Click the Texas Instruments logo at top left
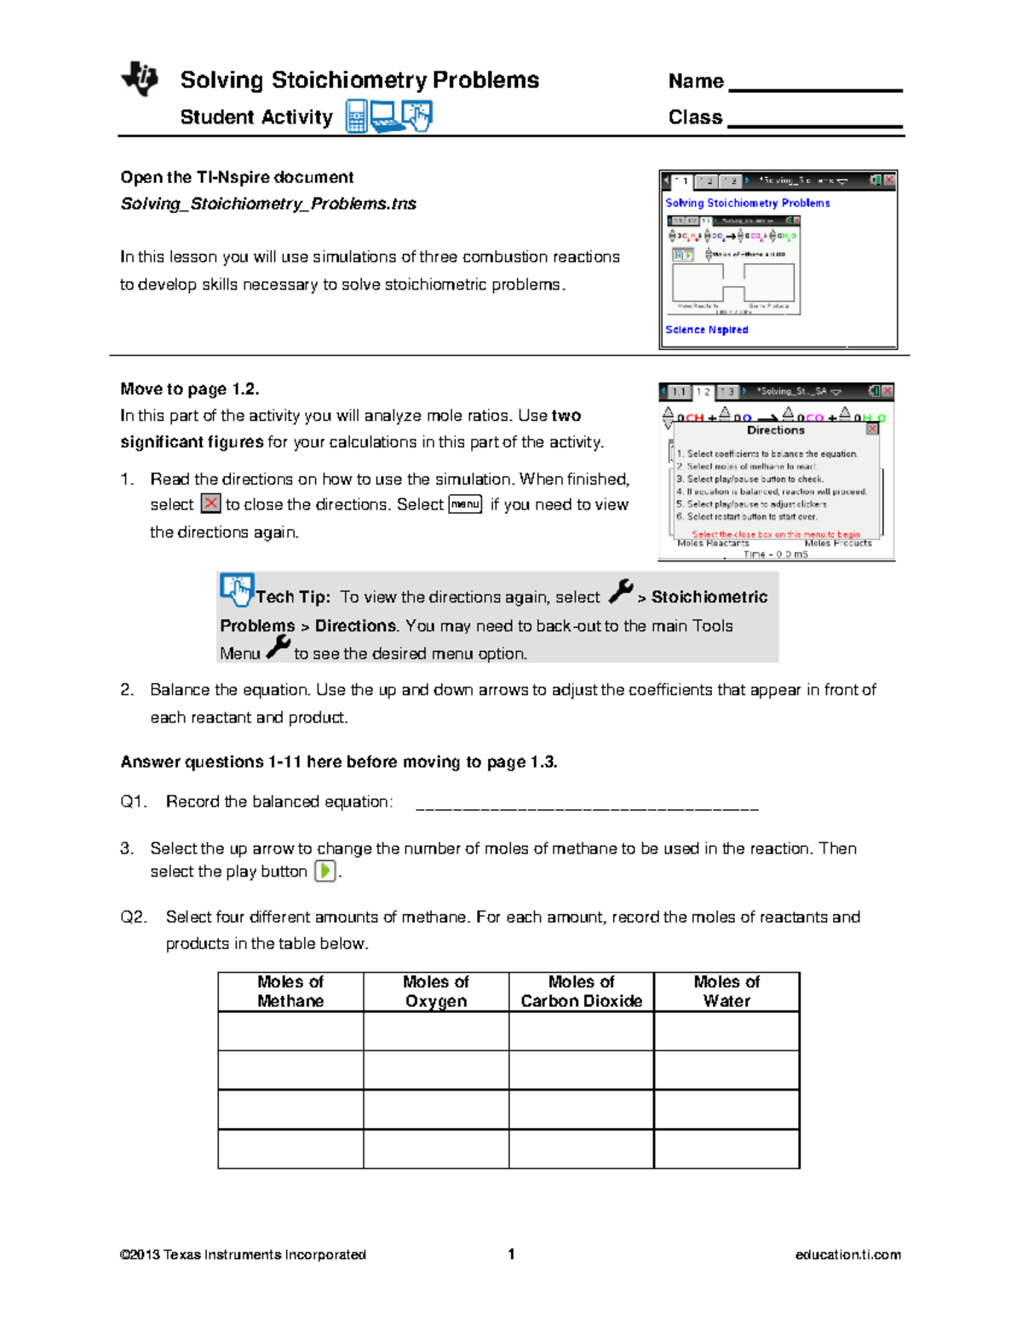click(x=140, y=78)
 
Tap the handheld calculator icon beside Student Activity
click(x=356, y=117)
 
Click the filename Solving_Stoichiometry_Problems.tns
click(x=268, y=204)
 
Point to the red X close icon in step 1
click(x=210, y=503)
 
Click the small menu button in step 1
click(x=465, y=504)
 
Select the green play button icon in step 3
click(x=324, y=871)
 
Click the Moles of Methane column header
click(x=290, y=992)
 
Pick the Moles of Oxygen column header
click(x=436, y=992)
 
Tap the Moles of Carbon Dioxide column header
click(x=582, y=992)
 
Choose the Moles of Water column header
click(x=726, y=992)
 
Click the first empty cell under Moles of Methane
click(x=290, y=1031)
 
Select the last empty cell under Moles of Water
click(x=726, y=1148)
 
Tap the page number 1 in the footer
click(x=511, y=1254)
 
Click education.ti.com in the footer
click(x=847, y=1255)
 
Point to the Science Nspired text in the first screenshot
click(x=707, y=330)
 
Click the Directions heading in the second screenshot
click(x=775, y=430)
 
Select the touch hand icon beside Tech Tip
click(x=237, y=590)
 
